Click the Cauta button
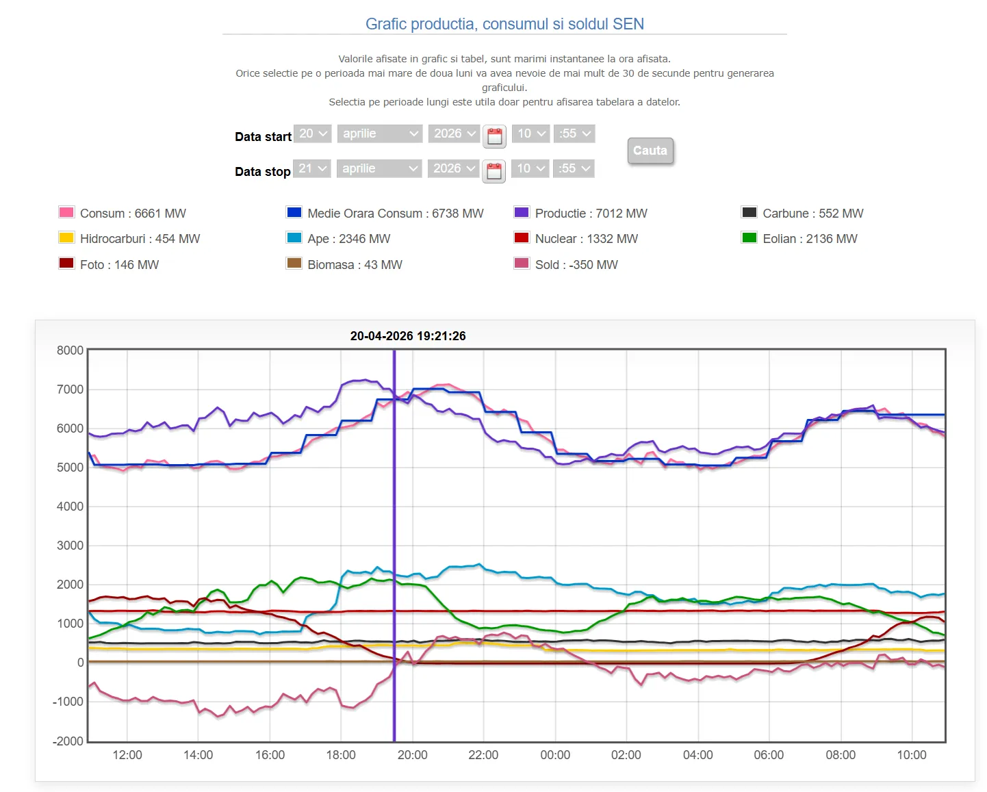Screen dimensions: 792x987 pyautogui.click(x=650, y=151)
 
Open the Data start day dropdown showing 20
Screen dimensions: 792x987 pyautogui.click(x=313, y=133)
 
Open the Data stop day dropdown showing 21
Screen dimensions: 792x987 pyautogui.click(x=312, y=168)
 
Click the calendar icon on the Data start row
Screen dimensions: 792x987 pyautogui.click(x=494, y=136)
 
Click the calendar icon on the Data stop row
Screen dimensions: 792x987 pyautogui.click(x=493, y=170)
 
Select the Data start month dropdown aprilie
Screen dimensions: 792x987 pyautogui.click(x=380, y=133)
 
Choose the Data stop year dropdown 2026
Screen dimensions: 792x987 pyautogui.click(x=453, y=168)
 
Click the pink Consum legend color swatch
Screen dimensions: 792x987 pyautogui.click(x=66, y=212)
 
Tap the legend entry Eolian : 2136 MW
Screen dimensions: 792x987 pyautogui.click(x=810, y=239)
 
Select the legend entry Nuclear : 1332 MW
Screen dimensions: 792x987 pyautogui.click(x=586, y=239)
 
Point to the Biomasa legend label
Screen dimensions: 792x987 pyautogui.click(x=355, y=265)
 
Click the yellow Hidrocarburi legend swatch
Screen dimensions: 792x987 pyautogui.click(x=66, y=238)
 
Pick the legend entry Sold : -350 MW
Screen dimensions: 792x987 pyautogui.click(x=576, y=265)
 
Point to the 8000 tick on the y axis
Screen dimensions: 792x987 pyautogui.click(x=70, y=350)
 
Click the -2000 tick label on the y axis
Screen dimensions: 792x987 pyautogui.click(x=68, y=741)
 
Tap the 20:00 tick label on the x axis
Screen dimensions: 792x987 pyautogui.click(x=412, y=755)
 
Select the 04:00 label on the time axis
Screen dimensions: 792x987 pyautogui.click(x=697, y=755)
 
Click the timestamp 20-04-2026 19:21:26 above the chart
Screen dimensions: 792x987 pyautogui.click(x=408, y=336)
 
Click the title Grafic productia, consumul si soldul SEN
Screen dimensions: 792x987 pyautogui.click(x=504, y=24)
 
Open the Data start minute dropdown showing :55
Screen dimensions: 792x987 pyautogui.click(x=574, y=133)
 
